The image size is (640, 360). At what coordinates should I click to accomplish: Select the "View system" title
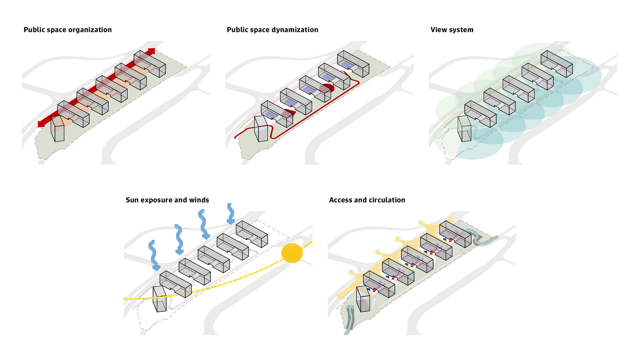click(x=452, y=30)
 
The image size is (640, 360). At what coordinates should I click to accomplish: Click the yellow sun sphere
click(x=292, y=253)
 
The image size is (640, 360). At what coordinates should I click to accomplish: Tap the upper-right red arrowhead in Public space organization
click(x=151, y=51)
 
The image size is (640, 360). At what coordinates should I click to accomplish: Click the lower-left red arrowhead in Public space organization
click(x=41, y=124)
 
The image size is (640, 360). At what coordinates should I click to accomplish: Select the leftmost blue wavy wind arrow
click(x=153, y=255)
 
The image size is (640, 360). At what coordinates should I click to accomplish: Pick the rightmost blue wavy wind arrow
click(x=230, y=214)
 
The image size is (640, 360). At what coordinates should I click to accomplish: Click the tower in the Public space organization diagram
click(x=57, y=129)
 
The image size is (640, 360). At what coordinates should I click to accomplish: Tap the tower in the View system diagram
click(x=464, y=129)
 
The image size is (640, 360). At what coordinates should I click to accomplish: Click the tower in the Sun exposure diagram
click(x=159, y=299)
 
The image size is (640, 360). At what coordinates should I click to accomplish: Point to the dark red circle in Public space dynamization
click(x=326, y=88)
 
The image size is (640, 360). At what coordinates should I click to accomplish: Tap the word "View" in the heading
click(x=438, y=30)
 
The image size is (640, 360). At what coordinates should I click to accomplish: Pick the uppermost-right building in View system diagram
click(x=557, y=64)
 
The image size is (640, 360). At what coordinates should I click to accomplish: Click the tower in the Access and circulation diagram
click(x=363, y=299)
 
